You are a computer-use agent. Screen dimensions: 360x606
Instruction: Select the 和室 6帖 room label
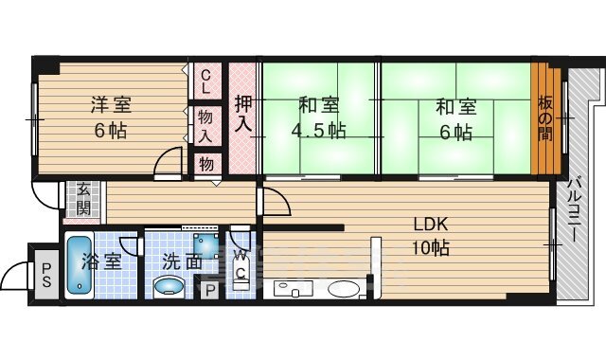pyautogui.click(x=454, y=117)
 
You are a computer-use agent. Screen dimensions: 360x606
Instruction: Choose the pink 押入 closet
pyautogui.click(x=242, y=116)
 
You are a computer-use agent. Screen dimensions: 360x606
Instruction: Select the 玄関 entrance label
pyautogui.click(x=84, y=197)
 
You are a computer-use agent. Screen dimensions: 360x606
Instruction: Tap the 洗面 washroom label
pyautogui.click(x=180, y=262)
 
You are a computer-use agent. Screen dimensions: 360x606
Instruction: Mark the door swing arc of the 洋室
pyautogui.click(x=167, y=161)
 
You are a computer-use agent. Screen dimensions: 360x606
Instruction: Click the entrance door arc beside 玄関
pyautogui.click(x=45, y=197)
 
